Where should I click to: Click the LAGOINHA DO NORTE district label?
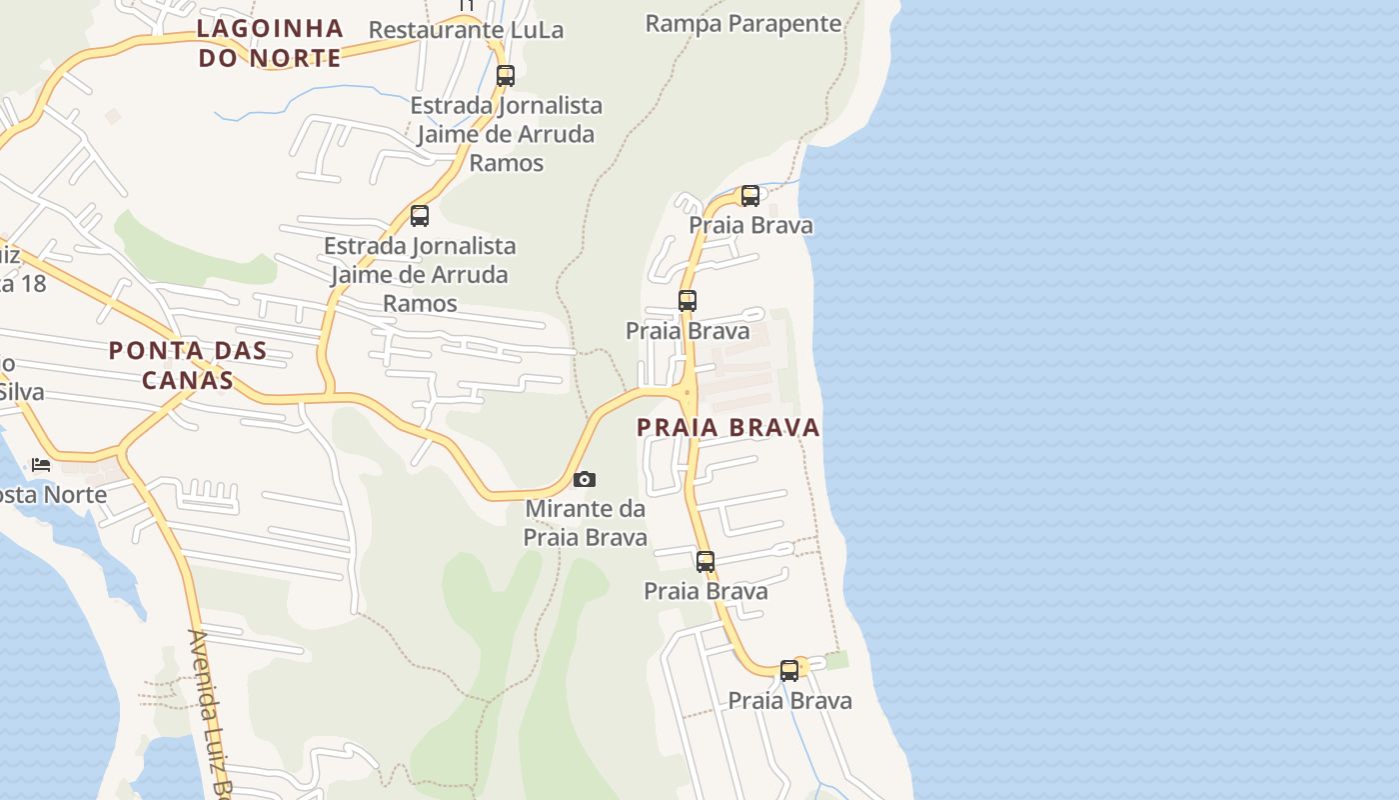coord(270,43)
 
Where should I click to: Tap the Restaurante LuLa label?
coord(466,30)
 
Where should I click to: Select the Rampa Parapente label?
coord(743,23)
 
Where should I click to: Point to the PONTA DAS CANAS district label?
coord(188,365)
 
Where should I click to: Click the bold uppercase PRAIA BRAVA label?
coord(728,427)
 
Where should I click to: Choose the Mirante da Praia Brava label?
coord(586,523)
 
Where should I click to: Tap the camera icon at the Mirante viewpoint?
coord(585,480)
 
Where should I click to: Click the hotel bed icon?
coord(41,464)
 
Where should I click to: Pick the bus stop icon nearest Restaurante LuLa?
coord(506,75)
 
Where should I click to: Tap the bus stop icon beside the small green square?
coord(789,670)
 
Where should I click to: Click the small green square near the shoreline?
coord(836,660)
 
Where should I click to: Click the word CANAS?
coord(188,380)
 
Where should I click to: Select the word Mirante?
coord(570,509)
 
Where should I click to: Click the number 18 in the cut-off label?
coord(32,283)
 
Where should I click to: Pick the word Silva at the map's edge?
coord(22,391)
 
